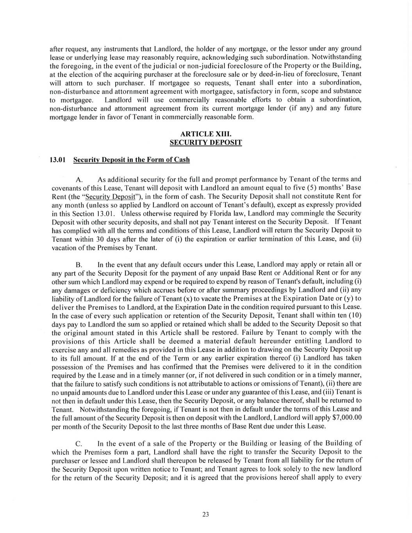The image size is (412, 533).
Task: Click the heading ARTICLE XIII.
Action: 206,134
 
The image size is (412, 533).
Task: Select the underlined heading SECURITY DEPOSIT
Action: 206,143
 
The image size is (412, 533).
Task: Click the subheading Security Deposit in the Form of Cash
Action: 132,160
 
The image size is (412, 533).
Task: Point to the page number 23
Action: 206,514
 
